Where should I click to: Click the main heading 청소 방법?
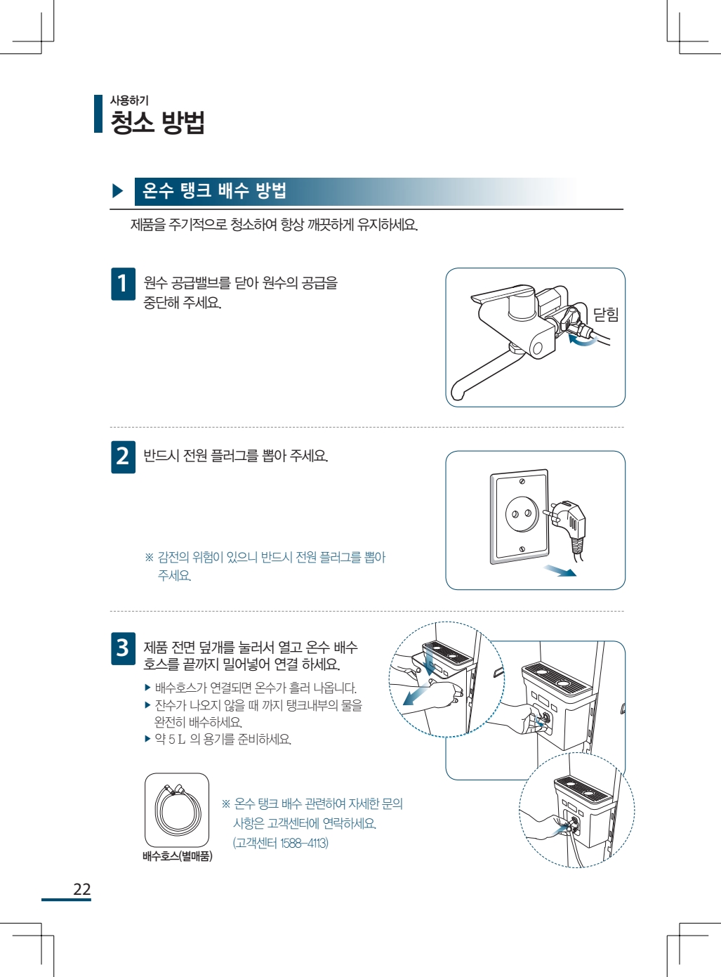(x=157, y=122)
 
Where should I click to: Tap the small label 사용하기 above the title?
(x=129, y=100)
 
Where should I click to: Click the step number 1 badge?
(x=123, y=284)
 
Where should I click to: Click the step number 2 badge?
(x=123, y=457)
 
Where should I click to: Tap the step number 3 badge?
(x=123, y=648)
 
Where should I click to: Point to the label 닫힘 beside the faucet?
(x=606, y=314)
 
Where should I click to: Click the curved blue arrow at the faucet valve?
(x=582, y=341)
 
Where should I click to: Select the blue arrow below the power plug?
(x=560, y=570)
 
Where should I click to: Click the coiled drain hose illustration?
(x=178, y=810)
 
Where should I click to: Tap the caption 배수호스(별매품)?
(x=178, y=856)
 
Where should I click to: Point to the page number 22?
(x=82, y=889)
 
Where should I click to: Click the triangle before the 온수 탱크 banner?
(x=118, y=191)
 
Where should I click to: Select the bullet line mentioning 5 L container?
(x=218, y=739)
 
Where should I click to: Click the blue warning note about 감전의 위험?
(x=265, y=566)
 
